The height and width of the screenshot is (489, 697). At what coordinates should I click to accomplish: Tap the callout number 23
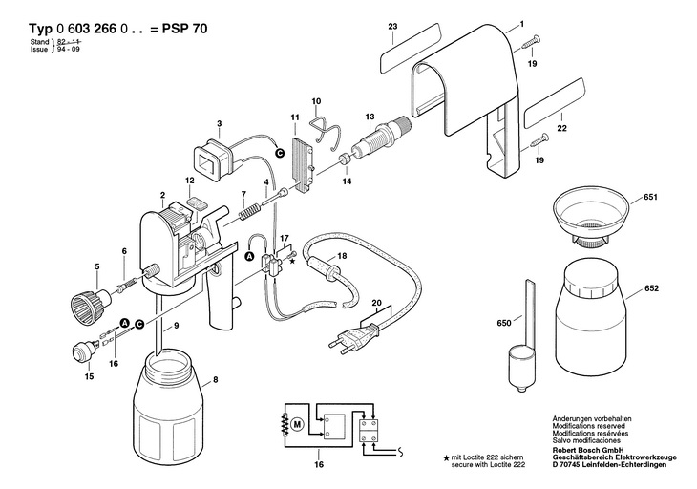(393, 26)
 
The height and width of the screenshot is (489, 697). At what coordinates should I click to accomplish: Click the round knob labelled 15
(81, 351)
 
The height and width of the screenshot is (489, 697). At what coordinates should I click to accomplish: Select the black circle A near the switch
(249, 256)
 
